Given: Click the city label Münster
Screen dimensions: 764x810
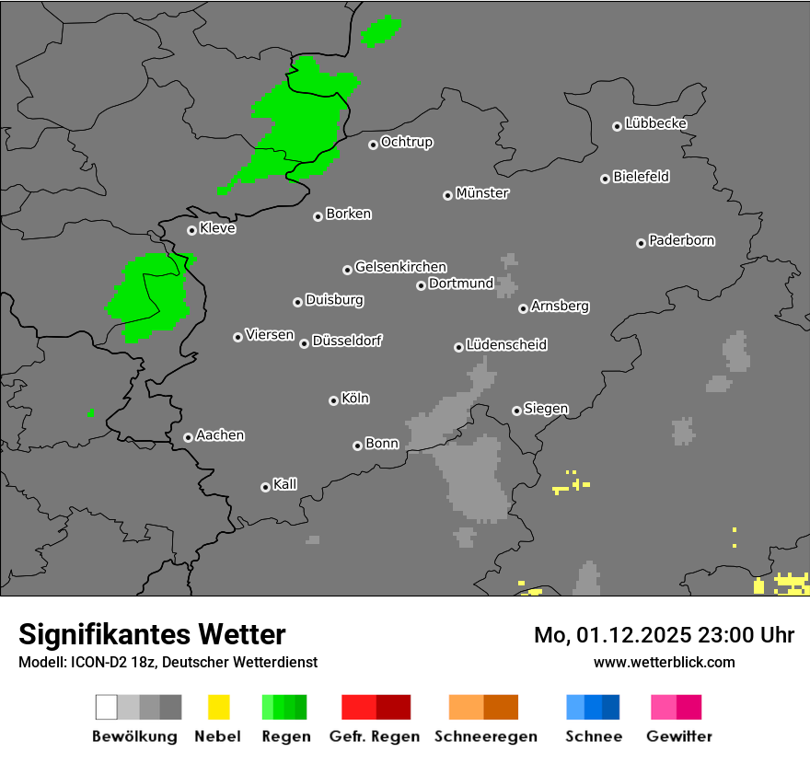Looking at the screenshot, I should pyautogui.click(x=482, y=193).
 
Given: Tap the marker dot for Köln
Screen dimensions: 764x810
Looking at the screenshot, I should pyautogui.click(x=333, y=400).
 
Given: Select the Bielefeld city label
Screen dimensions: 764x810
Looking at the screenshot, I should pyautogui.click(x=642, y=177).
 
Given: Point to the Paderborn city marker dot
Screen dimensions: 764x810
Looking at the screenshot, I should pyautogui.click(x=641, y=243).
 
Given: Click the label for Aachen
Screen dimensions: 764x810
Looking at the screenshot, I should pyautogui.click(x=220, y=435).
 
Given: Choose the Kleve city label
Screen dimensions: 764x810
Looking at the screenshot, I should pyautogui.click(x=218, y=228).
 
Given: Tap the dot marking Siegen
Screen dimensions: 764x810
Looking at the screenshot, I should pyautogui.click(x=516, y=411).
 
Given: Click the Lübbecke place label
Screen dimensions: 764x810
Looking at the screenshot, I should pyautogui.click(x=656, y=123).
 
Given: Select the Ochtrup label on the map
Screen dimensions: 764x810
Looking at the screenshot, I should pyautogui.click(x=407, y=143).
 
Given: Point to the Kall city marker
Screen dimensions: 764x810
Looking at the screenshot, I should pyautogui.click(x=265, y=487).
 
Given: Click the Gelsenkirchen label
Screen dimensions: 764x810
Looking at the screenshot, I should pyautogui.click(x=401, y=267).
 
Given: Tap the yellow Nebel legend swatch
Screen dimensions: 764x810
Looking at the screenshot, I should pyautogui.click(x=218, y=707).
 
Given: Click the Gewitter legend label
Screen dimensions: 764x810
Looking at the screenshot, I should pyautogui.click(x=679, y=736).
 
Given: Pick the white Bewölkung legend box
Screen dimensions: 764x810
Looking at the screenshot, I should pyautogui.click(x=107, y=707).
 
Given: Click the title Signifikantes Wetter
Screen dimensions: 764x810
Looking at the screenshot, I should pyautogui.click(x=152, y=634).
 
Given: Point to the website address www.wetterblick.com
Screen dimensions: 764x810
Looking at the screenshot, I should pyautogui.click(x=665, y=662).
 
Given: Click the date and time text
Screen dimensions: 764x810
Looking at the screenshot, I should pyautogui.click(x=665, y=635).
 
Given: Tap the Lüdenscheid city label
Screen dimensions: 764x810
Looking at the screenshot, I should pyautogui.click(x=507, y=345).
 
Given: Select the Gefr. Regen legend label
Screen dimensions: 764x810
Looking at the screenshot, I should pyautogui.click(x=375, y=736).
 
